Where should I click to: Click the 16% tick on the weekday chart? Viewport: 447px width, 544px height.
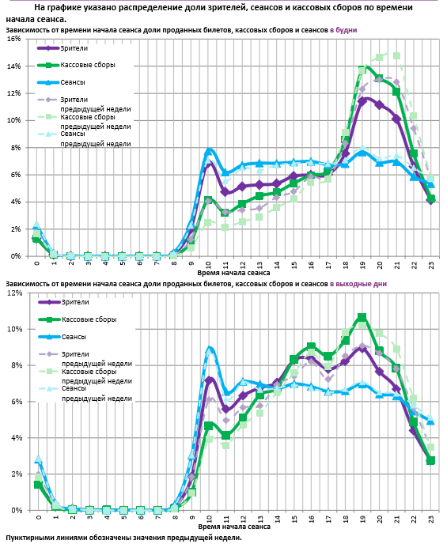(14, 39)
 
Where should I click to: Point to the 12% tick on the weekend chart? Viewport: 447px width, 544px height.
(14, 293)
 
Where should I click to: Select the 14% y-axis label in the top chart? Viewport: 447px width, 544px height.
(14, 66)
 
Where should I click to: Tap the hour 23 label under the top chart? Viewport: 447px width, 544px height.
(431, 265)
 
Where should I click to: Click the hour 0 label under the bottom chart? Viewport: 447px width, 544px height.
(39, 517)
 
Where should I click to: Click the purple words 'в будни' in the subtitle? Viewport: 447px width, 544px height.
(343, 30)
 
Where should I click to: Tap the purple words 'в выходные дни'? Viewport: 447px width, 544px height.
(358, 284)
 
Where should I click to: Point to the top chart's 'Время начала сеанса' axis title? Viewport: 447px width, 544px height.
(233, 273)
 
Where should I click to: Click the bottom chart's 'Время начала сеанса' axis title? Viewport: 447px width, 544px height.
(234, 527)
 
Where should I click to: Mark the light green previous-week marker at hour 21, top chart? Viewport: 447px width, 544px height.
(396, 56)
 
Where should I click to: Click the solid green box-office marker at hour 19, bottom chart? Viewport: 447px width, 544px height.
(362, 317)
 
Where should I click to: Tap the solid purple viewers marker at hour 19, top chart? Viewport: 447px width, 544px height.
(362, 102)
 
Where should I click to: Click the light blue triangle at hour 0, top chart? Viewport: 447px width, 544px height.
(36, 225)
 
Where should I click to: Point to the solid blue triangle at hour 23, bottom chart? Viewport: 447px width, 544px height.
(430, 421)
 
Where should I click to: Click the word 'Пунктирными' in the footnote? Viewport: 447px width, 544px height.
(28, 538)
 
